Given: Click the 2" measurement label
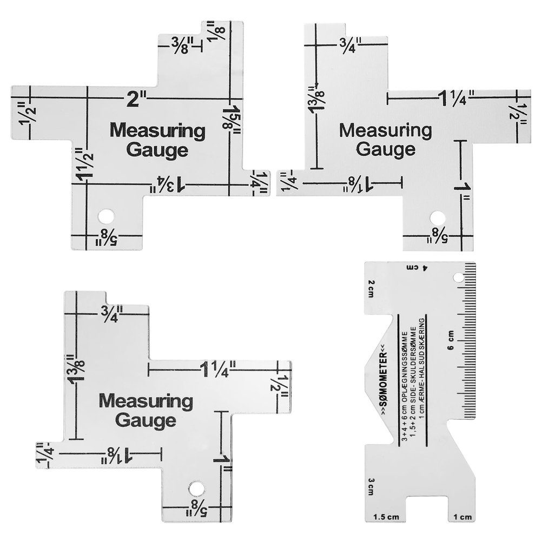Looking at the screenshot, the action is [136, 100].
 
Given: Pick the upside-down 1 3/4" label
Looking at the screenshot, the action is [167, 185].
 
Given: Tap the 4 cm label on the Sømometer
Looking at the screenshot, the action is [417, 267].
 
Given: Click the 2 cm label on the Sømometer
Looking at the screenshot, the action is [371, 288].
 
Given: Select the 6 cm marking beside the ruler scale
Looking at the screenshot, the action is [451, 340].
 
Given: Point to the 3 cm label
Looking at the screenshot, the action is [371, 487].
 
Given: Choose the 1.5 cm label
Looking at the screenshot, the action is [386, 517].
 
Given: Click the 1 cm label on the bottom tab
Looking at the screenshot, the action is [463, 517].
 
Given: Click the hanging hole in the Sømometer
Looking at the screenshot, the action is [458, 278].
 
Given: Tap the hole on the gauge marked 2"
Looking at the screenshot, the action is [106, 216].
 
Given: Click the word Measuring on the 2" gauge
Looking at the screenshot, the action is [157, 131].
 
